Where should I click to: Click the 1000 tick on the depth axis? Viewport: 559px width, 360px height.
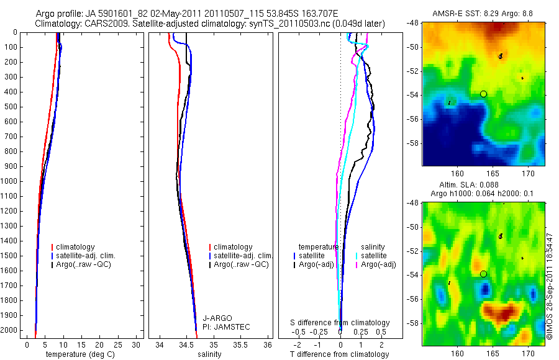[9, 181]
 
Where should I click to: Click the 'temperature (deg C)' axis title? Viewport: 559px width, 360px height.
[78, 354]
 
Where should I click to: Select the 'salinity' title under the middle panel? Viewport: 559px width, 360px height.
[209, 354]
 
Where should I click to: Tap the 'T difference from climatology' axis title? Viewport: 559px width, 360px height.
[339, 354]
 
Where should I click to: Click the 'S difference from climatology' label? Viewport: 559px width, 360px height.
[340, 323]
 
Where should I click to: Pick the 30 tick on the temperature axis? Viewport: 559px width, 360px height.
[137, 344]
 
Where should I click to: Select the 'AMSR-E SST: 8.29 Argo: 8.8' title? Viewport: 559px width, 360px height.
[483, 13]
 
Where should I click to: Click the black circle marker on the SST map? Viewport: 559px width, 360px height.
[483, 94]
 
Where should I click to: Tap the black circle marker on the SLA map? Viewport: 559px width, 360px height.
[483, 274]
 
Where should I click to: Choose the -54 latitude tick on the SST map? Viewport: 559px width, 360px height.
[414, 95]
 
